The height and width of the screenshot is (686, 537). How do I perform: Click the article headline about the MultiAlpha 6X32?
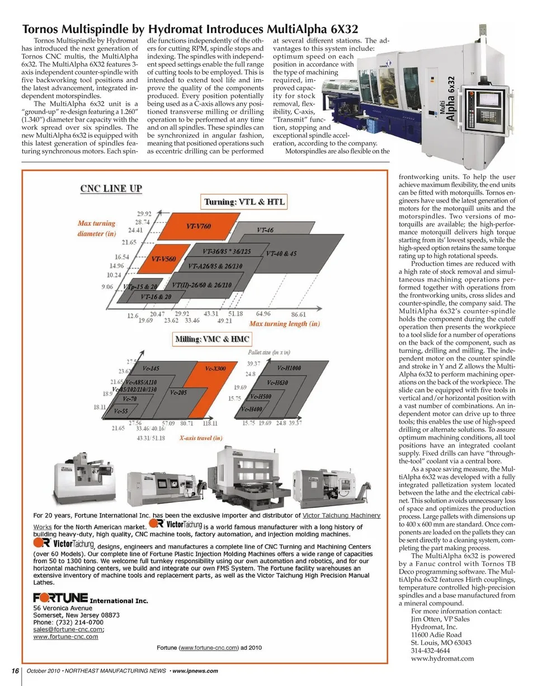pyautogui.click(x=190, y=29)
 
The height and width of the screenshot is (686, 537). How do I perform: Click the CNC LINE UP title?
pyautogui.click(x=111, y=188)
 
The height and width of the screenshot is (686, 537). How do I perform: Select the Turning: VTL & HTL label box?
pyautogui.click(x=244, y=202)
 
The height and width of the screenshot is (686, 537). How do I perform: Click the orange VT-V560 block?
pyautogui.click(x=164, y=259)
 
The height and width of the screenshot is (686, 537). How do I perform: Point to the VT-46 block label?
pyautogui.click(x=265, y=230)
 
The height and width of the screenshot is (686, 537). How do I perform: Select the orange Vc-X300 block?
pyautogui.click(x=215, y=368)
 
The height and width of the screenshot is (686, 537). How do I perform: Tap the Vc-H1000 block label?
pyautogui.click(x=289, y=368)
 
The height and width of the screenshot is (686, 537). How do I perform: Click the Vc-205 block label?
pyautogui.click(x=178, y=393)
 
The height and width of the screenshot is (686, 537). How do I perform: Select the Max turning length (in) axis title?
pyautogui.click(x=284, y=324)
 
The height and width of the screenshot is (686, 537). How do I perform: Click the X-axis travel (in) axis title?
pyautogui.click(x=201, y=438)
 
